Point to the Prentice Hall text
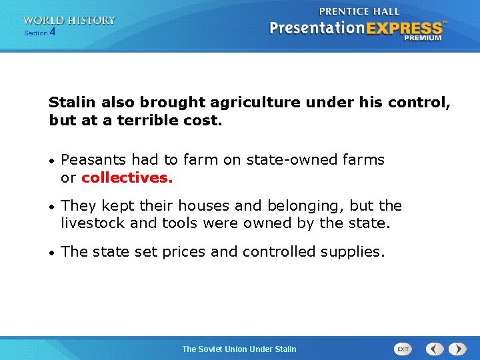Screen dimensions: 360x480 [359, 11]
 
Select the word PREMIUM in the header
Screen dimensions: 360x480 [422, 39]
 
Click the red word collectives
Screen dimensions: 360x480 [127, 178]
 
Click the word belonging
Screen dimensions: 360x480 [306, 206]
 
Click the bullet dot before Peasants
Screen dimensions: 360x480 [52, 161]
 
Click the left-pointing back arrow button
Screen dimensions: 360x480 [435, 349]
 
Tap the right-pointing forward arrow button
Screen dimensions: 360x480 [457, 349]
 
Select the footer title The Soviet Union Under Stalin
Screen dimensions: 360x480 [239, 349]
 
